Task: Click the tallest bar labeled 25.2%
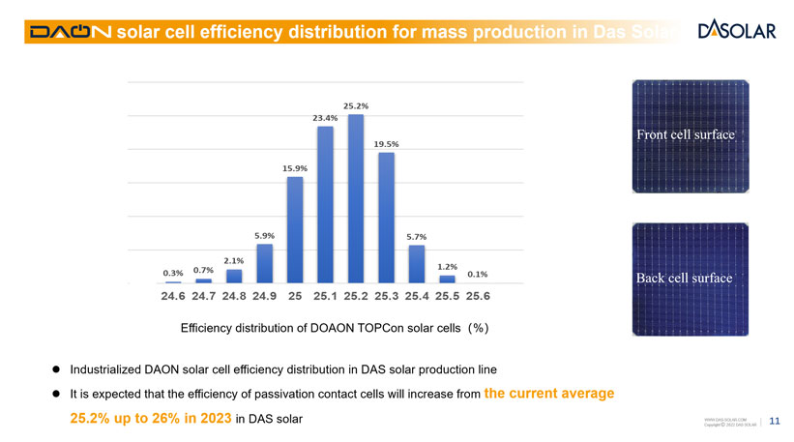[356, 198]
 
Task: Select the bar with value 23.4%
[325, 204]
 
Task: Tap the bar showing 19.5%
[386, 218]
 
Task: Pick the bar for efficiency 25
[295, 229]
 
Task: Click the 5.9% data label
[264, 236]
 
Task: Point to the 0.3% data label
[173, 273]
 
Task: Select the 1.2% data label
[447, 266]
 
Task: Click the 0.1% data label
[477, 274]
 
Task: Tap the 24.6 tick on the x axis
[174, 296]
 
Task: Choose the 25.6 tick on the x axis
[478, 296]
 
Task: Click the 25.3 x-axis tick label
[386, 296]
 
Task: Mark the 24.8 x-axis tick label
[235, 296]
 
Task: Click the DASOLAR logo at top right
[737, 30]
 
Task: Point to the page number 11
[775, 421]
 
